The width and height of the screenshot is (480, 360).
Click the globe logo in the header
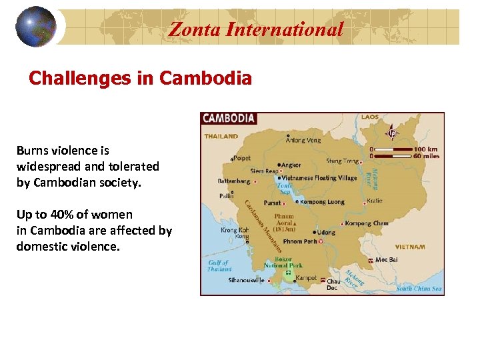pos(35,27)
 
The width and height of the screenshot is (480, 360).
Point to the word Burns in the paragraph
pos(34,151)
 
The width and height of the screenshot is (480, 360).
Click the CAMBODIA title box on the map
pos(229,119)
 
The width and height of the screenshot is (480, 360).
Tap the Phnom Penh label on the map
pos(299,241)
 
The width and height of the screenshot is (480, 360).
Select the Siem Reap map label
pos(264,171)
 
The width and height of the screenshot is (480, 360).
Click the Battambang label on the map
pos(234,181)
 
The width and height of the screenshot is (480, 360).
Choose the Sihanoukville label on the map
pos(247,281)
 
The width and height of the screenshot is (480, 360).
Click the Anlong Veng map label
pos(303,140)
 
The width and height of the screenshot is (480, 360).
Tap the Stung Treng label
pos(342,161)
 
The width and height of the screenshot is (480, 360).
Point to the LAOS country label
pos(369,117)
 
